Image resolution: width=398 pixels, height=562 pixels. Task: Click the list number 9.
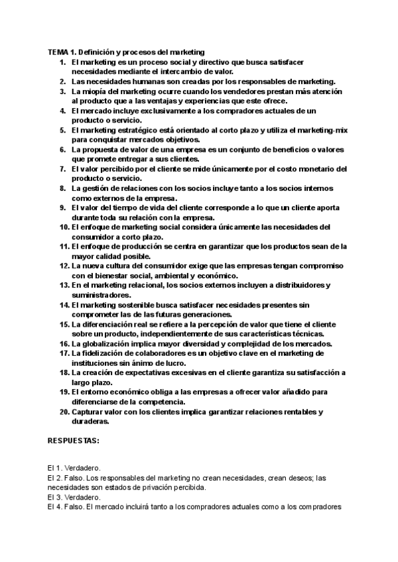tap(61, 207)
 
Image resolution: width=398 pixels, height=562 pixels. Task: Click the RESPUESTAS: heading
tap(74, 440)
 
